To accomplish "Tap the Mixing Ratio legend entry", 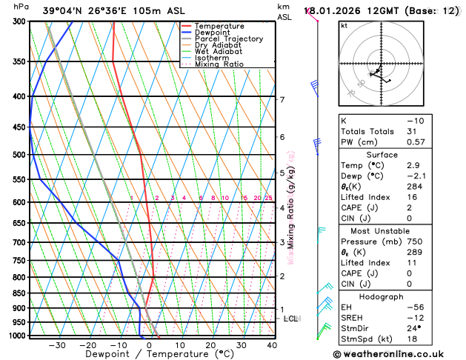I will [219, 64].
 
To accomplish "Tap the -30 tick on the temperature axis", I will [56, 344].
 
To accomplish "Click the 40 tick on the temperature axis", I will [272, 344].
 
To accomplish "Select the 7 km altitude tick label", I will [282, 100].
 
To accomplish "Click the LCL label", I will [290, 319].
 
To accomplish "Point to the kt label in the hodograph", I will [344, 25].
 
